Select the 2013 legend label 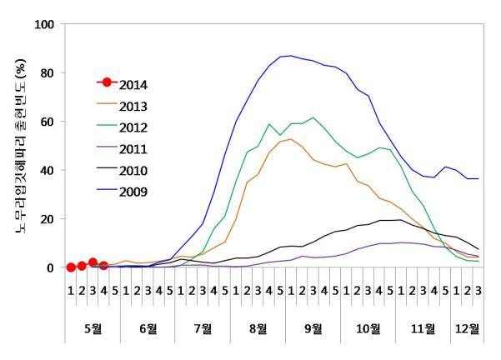133,105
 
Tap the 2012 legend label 133,127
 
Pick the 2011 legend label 133,149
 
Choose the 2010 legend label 133,171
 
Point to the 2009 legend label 133,192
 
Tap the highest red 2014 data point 93,262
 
